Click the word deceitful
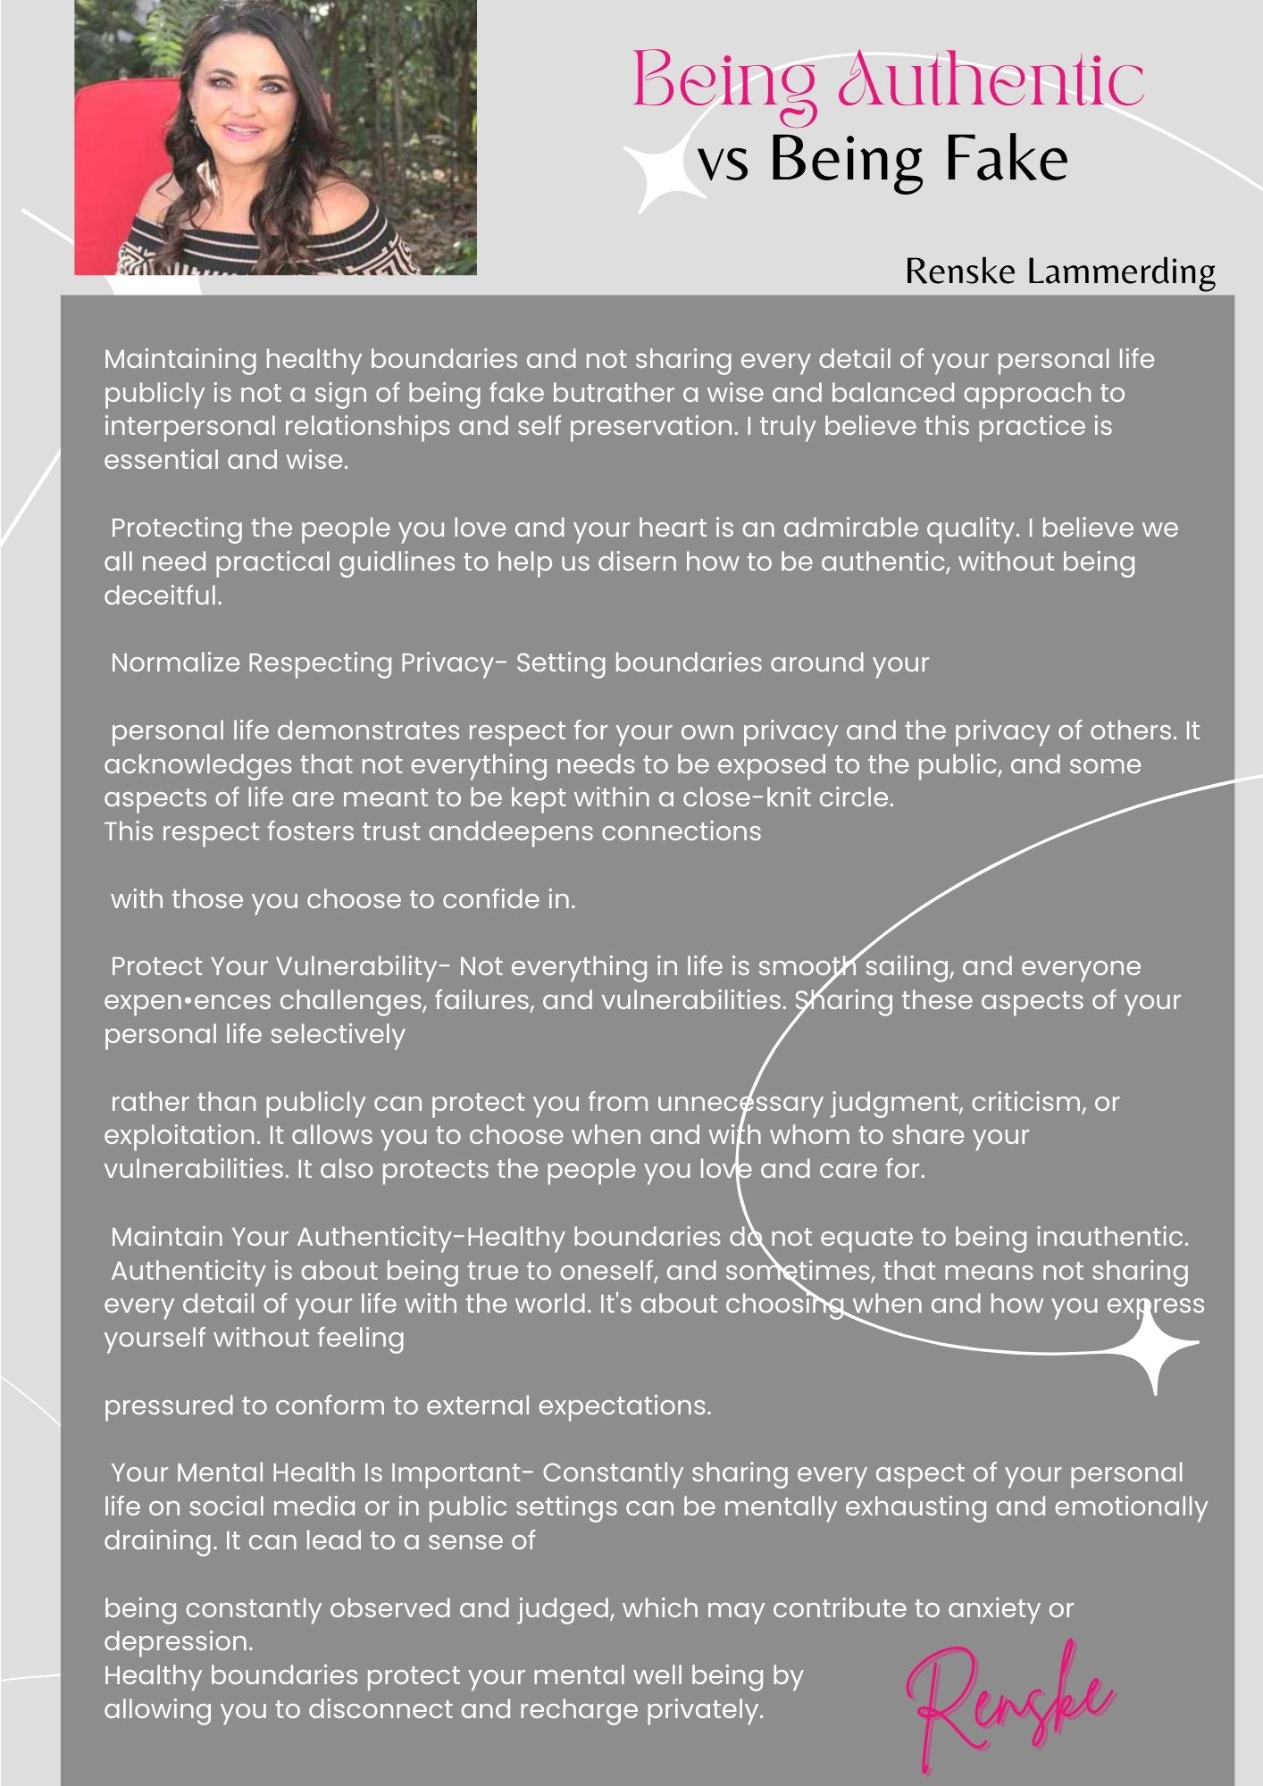point(163,596)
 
